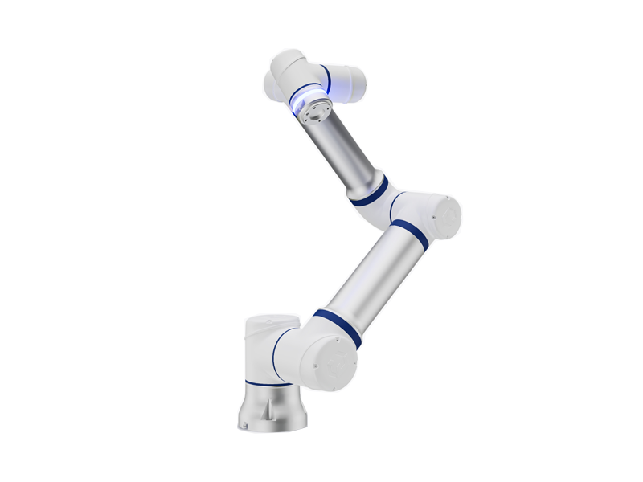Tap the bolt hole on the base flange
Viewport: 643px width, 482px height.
click(x=242, y=421)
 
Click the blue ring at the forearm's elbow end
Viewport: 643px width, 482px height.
click(x=370, y=194)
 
